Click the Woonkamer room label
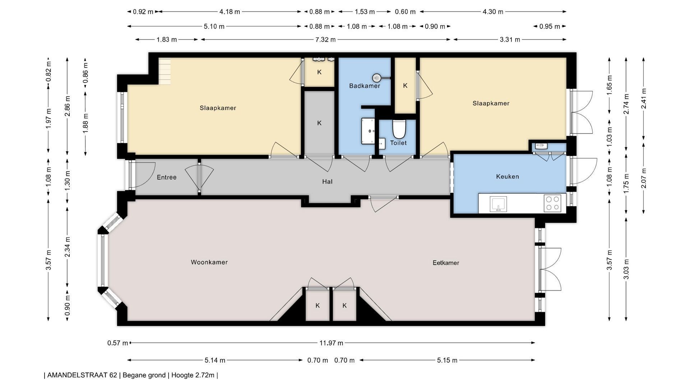tap(209, 262)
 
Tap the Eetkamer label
tap(446, 263)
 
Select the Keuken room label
tap(507, 176)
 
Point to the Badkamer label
tap(364, 86)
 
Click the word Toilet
tap(398, 143)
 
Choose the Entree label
tap(167, 177)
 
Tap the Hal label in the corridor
tap(327, 182)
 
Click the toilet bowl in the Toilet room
tap(399, 129)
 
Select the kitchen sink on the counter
tap(498, 204)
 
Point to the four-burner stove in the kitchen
tap(552, 203)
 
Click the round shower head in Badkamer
tap(376, 78)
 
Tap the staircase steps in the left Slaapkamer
tap(165, 71)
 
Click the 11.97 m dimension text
tap(331, 343)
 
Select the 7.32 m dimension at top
tap(325, 40)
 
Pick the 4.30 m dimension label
tap(493, 12)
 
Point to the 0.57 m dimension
tap(118, 343)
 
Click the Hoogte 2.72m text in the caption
tap(193, 375)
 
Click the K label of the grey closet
tap(319, 123)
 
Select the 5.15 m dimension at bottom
tap(447, 360)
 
